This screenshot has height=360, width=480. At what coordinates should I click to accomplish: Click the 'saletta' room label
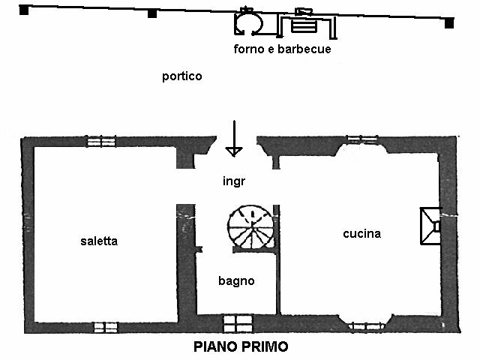tap(99, 241)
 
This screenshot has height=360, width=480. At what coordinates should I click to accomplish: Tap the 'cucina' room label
tap(361, 233)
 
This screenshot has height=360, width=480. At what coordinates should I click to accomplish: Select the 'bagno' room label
tap(236, 281)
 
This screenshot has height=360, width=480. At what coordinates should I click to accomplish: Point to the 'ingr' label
tap(234, 181)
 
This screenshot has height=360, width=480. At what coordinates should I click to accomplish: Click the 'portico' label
tap(181, 76)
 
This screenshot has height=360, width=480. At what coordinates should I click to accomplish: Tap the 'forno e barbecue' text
tap(282, 49)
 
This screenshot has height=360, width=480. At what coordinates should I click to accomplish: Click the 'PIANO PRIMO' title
tap(241, 346)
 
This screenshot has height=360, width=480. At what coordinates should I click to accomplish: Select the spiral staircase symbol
tap(251, 227)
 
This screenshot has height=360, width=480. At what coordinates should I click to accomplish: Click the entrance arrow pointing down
tap(235, 139)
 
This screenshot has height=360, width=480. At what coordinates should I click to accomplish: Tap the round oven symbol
tap(248, 23)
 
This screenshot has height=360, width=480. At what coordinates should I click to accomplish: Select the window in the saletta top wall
tap(101, 141)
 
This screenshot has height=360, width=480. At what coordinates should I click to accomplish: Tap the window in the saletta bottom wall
tap(106, 327)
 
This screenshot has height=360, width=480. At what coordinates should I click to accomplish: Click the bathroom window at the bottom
tap(236, 323)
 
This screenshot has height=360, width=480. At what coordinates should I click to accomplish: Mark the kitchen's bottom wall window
tap(367, 324)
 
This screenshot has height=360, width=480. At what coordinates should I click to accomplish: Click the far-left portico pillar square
tap(24, 11)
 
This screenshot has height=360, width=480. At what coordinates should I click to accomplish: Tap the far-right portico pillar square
tap(449, 23)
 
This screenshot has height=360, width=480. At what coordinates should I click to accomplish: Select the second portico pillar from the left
tap(152, 13)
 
